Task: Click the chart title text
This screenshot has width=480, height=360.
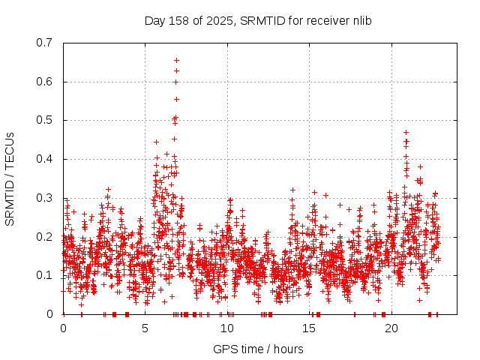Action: [258, 20]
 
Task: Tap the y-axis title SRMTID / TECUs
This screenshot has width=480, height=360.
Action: [10, 178]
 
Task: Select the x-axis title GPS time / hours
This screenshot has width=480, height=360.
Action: [258, 349]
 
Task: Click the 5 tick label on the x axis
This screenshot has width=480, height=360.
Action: [145, 328]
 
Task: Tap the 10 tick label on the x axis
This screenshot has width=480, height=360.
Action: [227, 328]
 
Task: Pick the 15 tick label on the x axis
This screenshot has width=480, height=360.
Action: [310, 328]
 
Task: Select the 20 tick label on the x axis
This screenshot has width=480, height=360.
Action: [391, 328]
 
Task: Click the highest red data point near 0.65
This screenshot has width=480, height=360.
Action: [176, 60]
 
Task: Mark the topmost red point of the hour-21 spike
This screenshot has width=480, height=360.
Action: [406, 132]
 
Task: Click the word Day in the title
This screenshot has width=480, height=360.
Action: [154, 20]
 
